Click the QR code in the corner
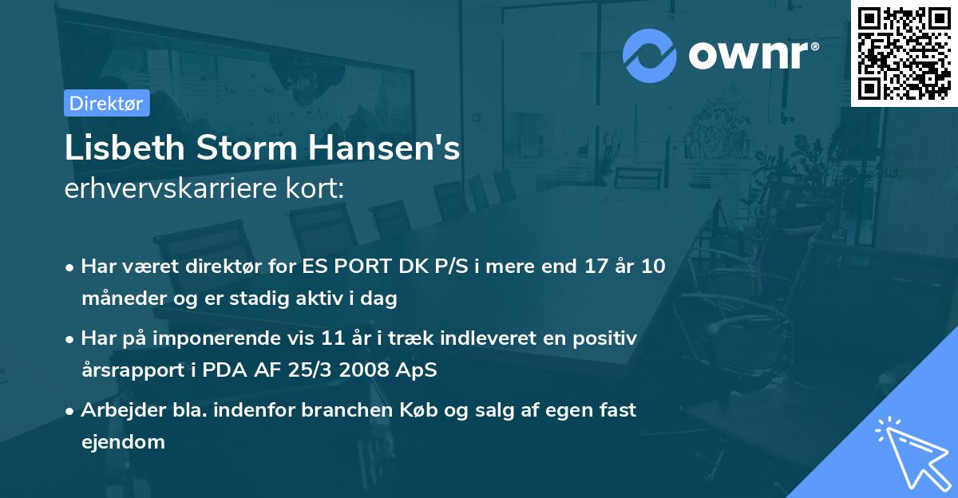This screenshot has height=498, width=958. pyautogui.click(x=905, y=53)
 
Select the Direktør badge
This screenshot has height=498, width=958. pyautogui.click(x=106, y=103)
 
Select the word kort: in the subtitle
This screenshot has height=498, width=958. pyautogui.click(x=318, y=188)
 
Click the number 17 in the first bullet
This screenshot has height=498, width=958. pyautogui.click(x=563, y=267)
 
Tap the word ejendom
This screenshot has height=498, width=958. pyautogui.click(x=123, y=441)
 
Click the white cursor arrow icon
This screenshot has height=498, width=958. pyautogui.click(x=910, y=452)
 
